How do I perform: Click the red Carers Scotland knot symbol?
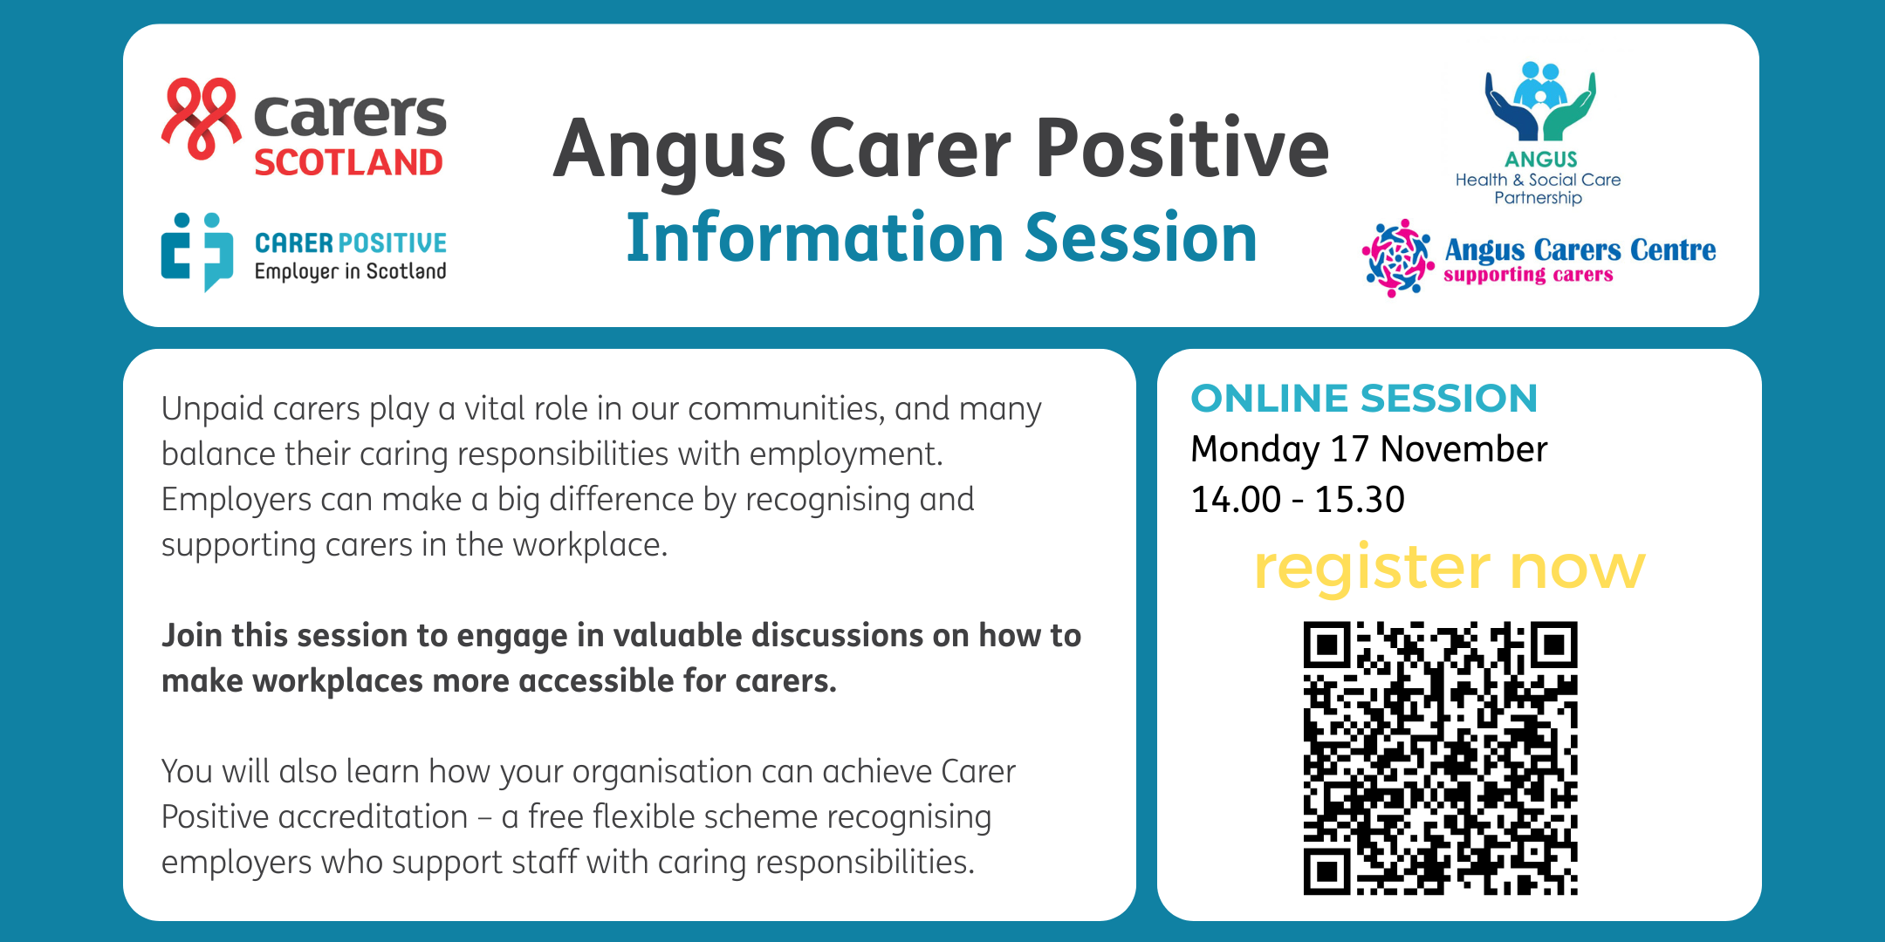(202, 119)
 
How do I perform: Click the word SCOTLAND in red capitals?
(348, 163)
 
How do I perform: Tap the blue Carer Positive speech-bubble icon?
(197, 252)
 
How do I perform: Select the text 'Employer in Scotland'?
(350, 271)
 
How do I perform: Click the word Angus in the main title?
(670, 150)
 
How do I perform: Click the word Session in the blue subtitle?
(1141, 237)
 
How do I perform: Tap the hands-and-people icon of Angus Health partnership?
(1540, 101)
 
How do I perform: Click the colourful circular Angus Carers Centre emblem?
(1398, 258)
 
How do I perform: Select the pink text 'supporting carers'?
(1528, 275)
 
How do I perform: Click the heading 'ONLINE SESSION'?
(1364, 399)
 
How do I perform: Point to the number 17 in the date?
(1349, 449)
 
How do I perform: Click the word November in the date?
(1463, 449)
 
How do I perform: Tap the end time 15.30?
(1360, 500)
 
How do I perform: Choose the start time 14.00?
(1236, 500)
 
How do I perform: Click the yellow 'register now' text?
(1450, 568)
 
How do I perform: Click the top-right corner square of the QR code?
(1553, 645)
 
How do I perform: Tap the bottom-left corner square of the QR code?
(1327, 871)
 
